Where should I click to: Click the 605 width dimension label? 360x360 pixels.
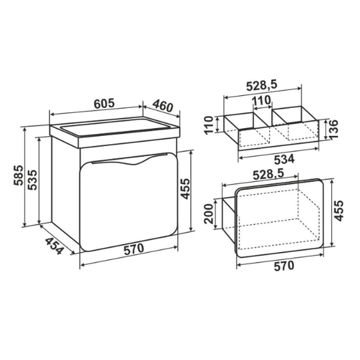[104, 104]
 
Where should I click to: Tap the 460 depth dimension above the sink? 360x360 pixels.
[163, 105]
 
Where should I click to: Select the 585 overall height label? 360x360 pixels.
[19, 175]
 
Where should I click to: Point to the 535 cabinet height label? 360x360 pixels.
[32, 180]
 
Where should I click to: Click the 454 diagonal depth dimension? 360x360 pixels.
[54, 246]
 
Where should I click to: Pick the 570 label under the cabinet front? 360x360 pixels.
[134, 249]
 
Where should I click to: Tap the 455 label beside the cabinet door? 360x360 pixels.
[185, 189]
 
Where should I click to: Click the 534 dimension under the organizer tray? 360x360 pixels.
[284, 159]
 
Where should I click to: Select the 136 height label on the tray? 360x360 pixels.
[333, 129]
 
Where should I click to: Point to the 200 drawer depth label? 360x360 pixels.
[209, 213]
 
